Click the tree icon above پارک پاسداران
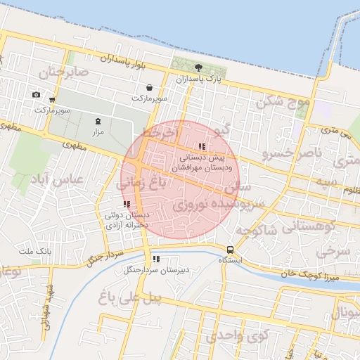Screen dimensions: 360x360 coord(199,68)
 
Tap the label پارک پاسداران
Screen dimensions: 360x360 coord(199,79)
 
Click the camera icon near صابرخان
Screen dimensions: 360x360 coord(36,95)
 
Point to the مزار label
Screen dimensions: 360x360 coord(98,131)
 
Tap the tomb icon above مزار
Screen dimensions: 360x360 coord(98,121)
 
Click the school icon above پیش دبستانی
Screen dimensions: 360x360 coord(202,146)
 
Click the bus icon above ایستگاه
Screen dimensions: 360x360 coord(230,250)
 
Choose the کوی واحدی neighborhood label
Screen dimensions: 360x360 coord(238,336)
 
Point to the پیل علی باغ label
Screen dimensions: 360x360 coord(131,298)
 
